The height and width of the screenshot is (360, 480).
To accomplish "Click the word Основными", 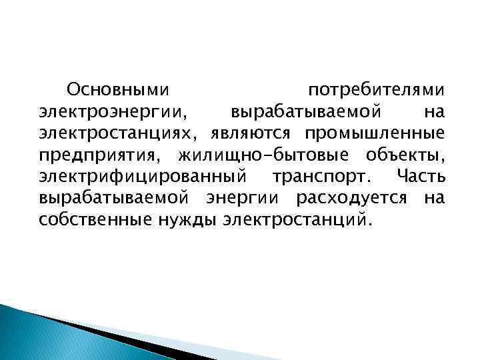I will [x=118, y=89].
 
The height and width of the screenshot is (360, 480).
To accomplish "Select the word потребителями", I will [x=377, y=89].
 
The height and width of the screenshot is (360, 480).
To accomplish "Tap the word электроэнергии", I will [x=114, y=111].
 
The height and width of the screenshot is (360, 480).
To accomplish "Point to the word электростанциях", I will [x=118, y=133].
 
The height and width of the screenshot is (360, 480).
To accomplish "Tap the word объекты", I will [x=405, y=156].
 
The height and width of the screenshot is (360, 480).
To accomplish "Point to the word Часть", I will [x=420, y=177].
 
